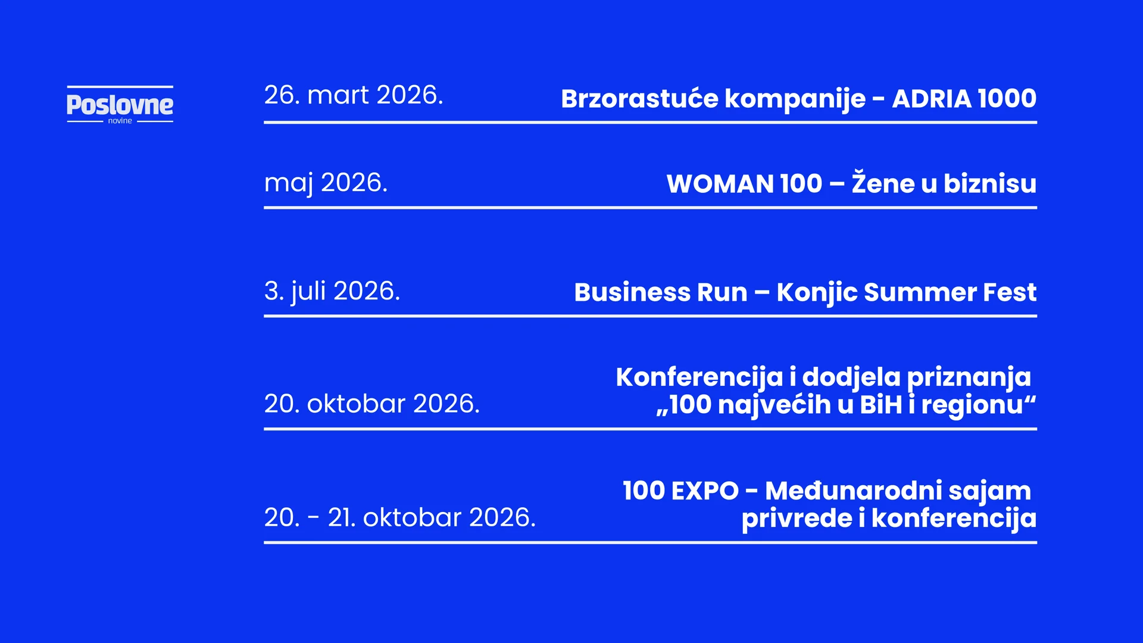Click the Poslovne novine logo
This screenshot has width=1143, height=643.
[120, 104]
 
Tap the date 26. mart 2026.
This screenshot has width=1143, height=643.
[354, 95]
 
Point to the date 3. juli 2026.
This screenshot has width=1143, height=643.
[332, 292]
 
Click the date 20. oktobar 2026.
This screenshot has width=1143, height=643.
[372, 404]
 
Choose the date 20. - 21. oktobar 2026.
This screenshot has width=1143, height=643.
[400, 517]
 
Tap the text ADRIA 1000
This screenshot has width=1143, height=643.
[964, 99]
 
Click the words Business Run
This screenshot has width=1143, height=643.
[661, 292]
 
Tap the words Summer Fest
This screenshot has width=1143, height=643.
[950, 292]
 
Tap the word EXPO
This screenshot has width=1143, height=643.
[705, 491]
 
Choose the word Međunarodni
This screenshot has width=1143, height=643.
[854, 491]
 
